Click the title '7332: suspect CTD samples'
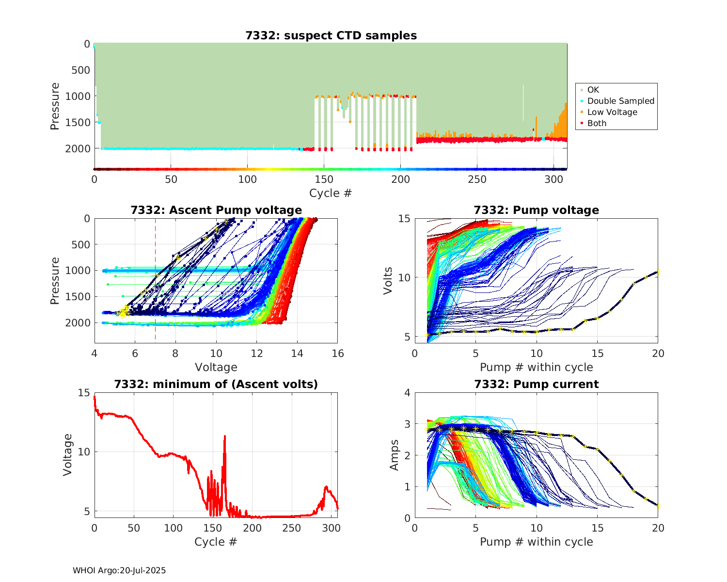point(331,35)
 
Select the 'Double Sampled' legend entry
point(620,101)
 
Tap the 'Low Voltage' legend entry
point(612,112)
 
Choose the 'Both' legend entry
point(597,123)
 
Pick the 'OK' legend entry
point(593,90)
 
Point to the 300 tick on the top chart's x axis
point(554,179)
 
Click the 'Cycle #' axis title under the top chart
point(331,193)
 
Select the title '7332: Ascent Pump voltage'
point(216,210)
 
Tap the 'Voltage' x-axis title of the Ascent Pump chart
point(216,367)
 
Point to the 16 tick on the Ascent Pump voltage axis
point(338,354)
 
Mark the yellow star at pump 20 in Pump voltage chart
point(658,271)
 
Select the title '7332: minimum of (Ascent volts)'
point(216,384)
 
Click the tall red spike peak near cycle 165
point(225,436)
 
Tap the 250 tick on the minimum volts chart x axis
point(291,528)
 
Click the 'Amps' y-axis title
point(395,454)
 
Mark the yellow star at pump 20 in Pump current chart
point(658,506)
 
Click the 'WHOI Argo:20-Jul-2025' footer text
point(119,570)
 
